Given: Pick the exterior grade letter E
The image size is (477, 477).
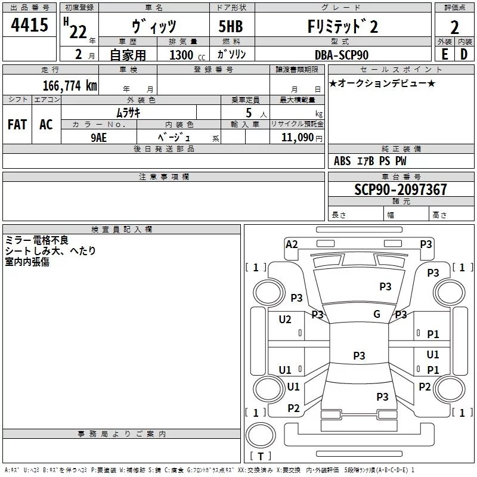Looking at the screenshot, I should point(444,55).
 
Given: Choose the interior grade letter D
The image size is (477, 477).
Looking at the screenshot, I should point(463,55).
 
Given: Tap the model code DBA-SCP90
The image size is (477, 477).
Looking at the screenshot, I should point(342,55).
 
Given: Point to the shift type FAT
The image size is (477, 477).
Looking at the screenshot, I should point(17,125).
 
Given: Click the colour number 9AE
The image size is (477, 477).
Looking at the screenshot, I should point(99,137).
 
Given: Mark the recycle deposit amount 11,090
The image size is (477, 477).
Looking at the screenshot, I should point(296,137).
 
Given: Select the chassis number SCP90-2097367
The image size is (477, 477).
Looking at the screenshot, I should point(400,190).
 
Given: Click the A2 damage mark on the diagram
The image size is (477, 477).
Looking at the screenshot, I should point(292,244).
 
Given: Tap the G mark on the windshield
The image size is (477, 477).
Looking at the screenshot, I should point(377,314).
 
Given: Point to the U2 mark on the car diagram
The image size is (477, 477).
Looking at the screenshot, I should point(285,320).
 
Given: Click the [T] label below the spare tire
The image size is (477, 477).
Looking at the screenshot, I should point(260,456).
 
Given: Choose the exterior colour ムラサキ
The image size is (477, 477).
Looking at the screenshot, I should point(128,112).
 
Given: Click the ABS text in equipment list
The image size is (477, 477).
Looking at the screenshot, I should point(342,161).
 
